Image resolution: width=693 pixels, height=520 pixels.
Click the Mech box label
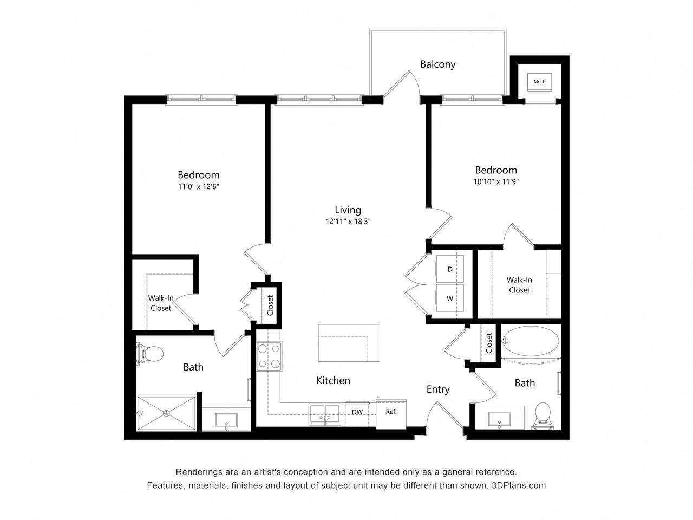[x=539, y=82]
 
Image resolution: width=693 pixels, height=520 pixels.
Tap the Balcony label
[x=437, y=64]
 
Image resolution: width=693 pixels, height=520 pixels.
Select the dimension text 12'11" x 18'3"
[x=348, y=221]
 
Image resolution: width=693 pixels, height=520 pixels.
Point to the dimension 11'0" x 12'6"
[x=199, y=186]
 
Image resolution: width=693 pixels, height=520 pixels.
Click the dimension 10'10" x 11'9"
[x=496, y=181]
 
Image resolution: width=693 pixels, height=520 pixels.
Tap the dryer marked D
[x=450, y=269]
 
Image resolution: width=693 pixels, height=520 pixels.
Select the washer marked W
[x=450, y=298]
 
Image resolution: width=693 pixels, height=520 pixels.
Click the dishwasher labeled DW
[x=357, y=412]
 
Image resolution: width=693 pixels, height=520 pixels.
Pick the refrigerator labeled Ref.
[x=391, y=412]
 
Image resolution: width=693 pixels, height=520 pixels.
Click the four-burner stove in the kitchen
[x=269, y=356]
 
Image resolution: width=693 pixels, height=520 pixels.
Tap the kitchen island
[x=349, y=343]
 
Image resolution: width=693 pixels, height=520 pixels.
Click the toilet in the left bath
[x=149, y=354]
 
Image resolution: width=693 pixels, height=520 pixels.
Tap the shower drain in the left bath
[x=166, y=413]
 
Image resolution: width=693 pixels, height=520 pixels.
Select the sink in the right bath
[x=499, y=419]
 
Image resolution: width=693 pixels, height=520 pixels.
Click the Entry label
[x=437, y=389]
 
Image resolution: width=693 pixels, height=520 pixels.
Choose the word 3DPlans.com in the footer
[x=519, y=485]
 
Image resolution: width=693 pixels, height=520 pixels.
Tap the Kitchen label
[x=333, y=381]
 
